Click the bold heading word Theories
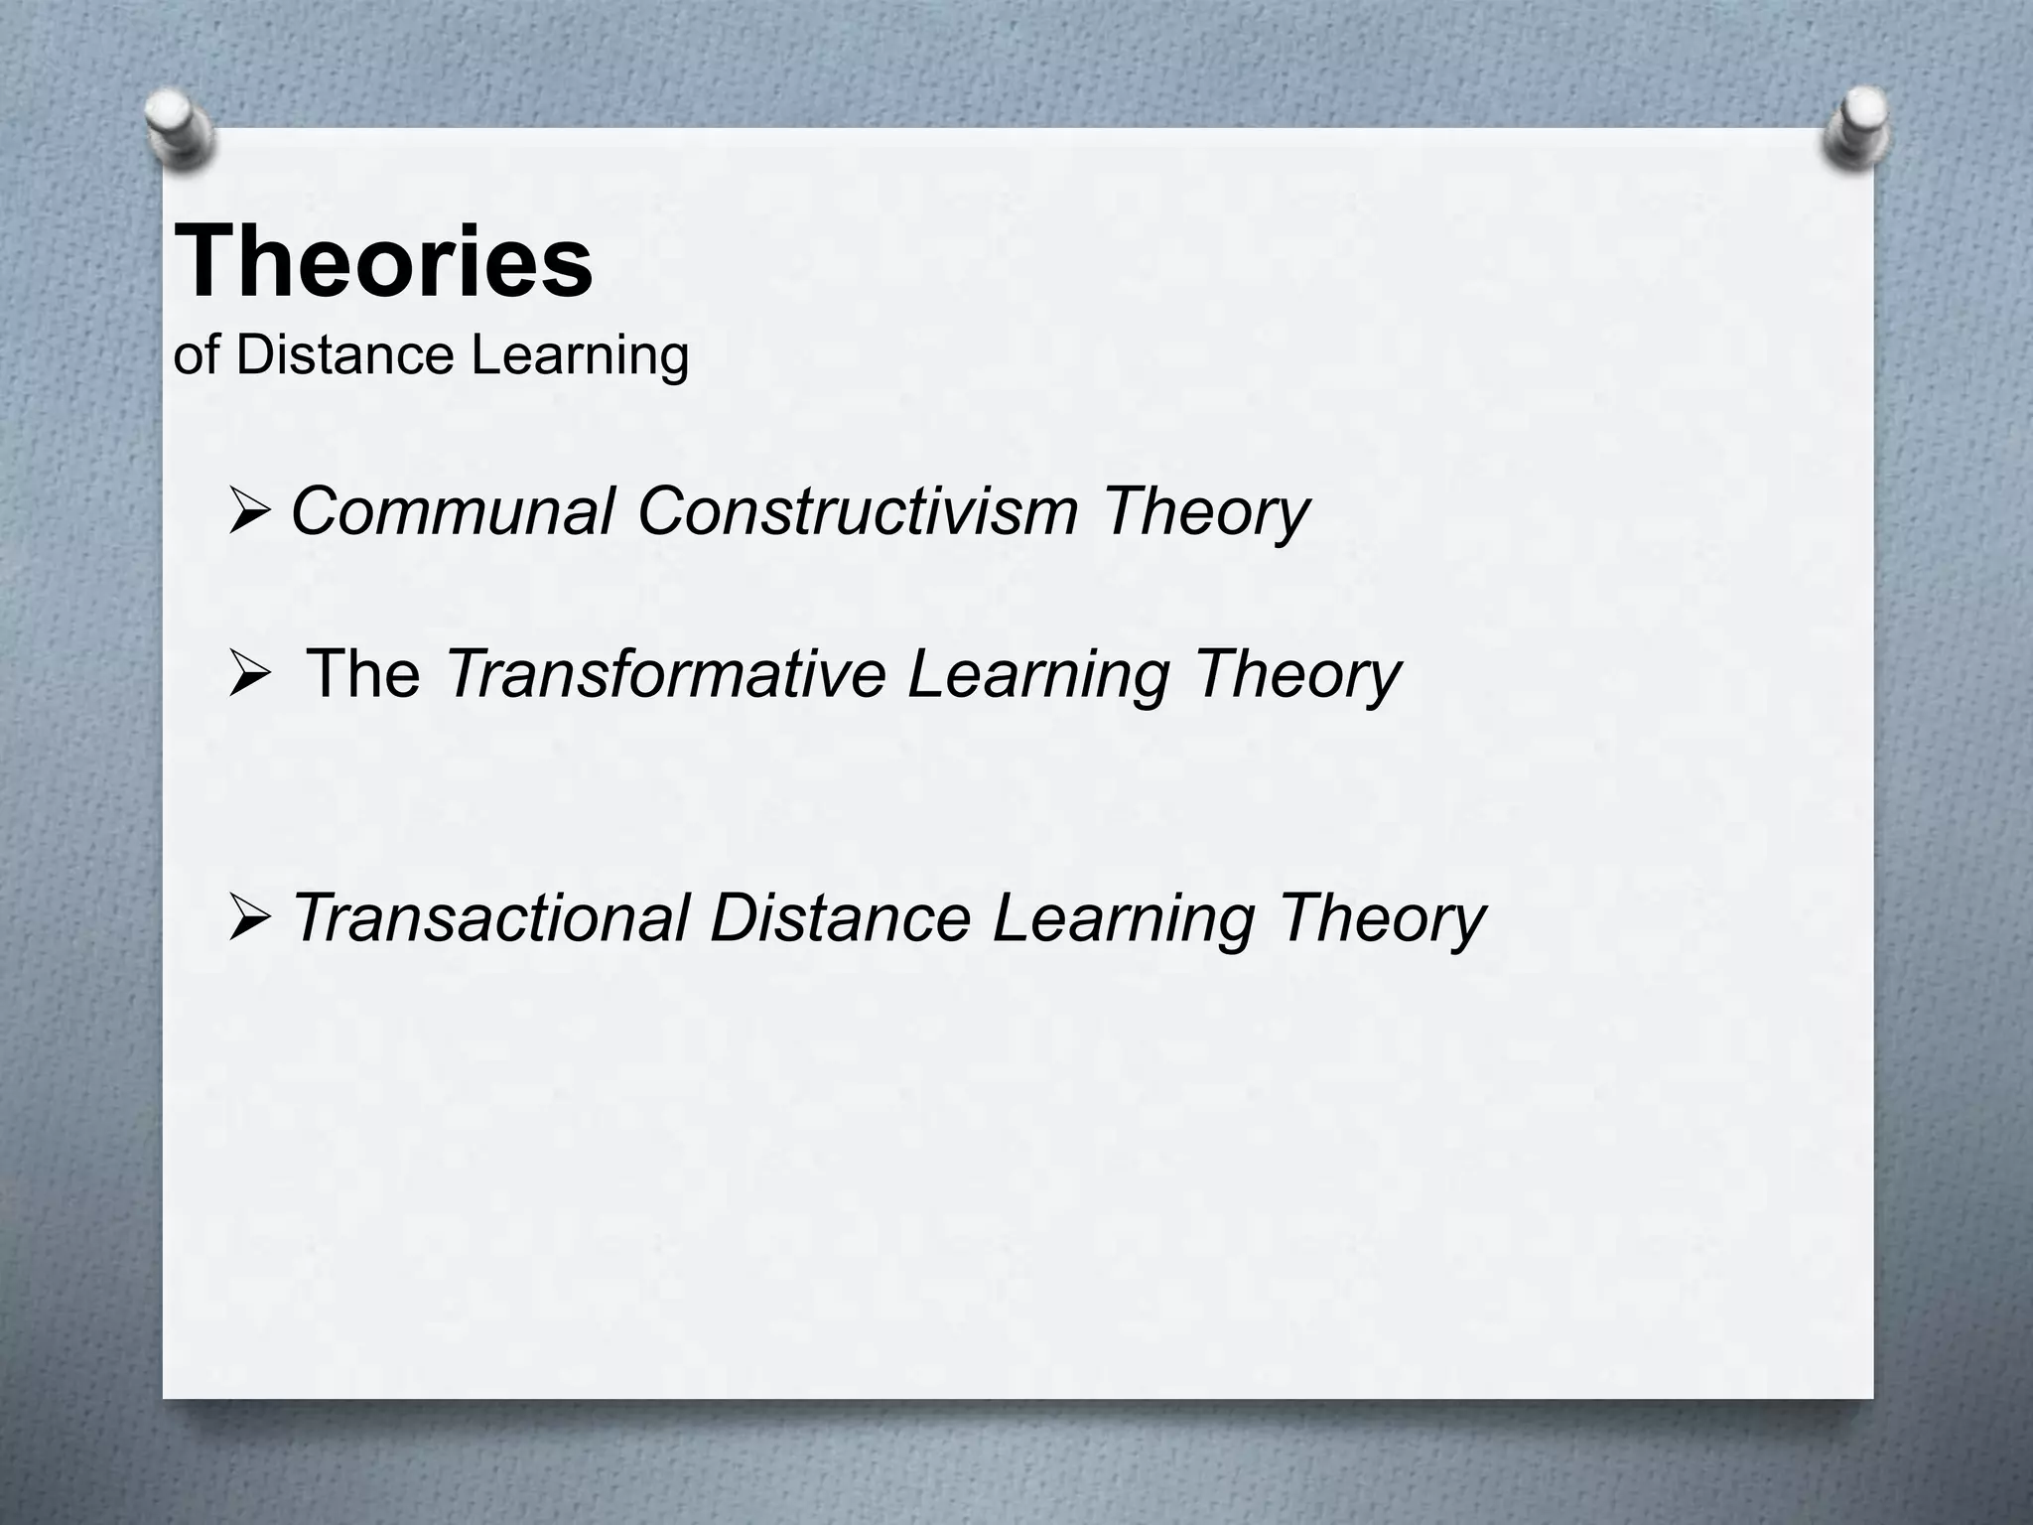coord(383,262)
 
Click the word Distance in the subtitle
coord(345,355)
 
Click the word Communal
coord(452,512)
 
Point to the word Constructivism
coord(857,512)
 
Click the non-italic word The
coord(362,674)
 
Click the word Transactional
coord(490,917)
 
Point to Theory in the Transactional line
coord(1382,919)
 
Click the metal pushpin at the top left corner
coord(180,127)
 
